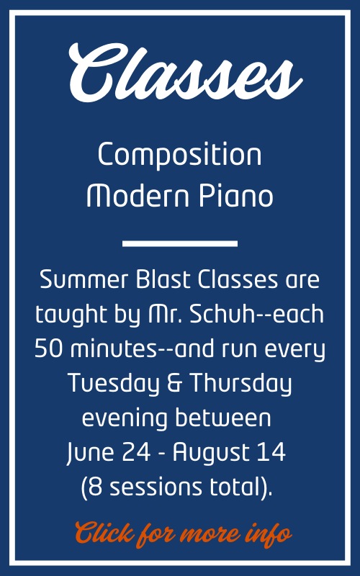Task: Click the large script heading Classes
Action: pyautogui.click(x=185, y=73)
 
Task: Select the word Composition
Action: pyautogui.click(x=179, y=155)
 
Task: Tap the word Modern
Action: pyautogui.click(x=138, y=195)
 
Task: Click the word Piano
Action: pyautogui.click(x=236, y=195)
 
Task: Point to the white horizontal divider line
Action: pyautogui.click(x=179, y=243)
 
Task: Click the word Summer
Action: pyautogui.click(x=84, y=279)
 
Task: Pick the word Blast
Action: pyautogui.click(x=163, y=279)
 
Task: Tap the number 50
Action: pyautogui.click(x=48, y=348)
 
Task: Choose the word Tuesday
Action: pyautogui.click(x=114, y=383)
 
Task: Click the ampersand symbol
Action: pyautogui.click(x=175, y=383)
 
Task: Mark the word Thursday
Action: pyautogui.click(x=241, y=383)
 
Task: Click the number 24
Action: pyautogui.click(x=136, y=452)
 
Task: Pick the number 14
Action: pyautogui.click(x=271, y=452)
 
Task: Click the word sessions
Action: pyautogui.click(x=156, y=487)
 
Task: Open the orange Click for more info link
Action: pyautogui.click(x=184, y=534)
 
